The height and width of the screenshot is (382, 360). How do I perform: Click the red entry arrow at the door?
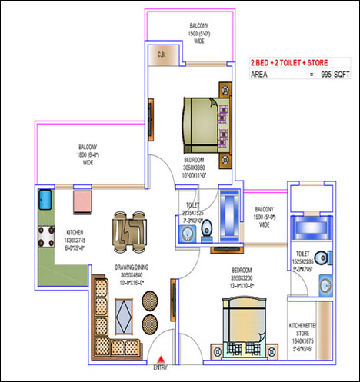click(160, 358)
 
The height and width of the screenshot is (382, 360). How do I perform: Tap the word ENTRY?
click(160, 367)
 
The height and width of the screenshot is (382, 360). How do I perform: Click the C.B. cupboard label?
click(162, 54)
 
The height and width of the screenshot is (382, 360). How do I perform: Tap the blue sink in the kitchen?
click(44, 202)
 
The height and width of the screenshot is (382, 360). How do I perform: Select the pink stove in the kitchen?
click(83, 201)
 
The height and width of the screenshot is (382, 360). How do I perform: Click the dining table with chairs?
click(128, 231)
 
